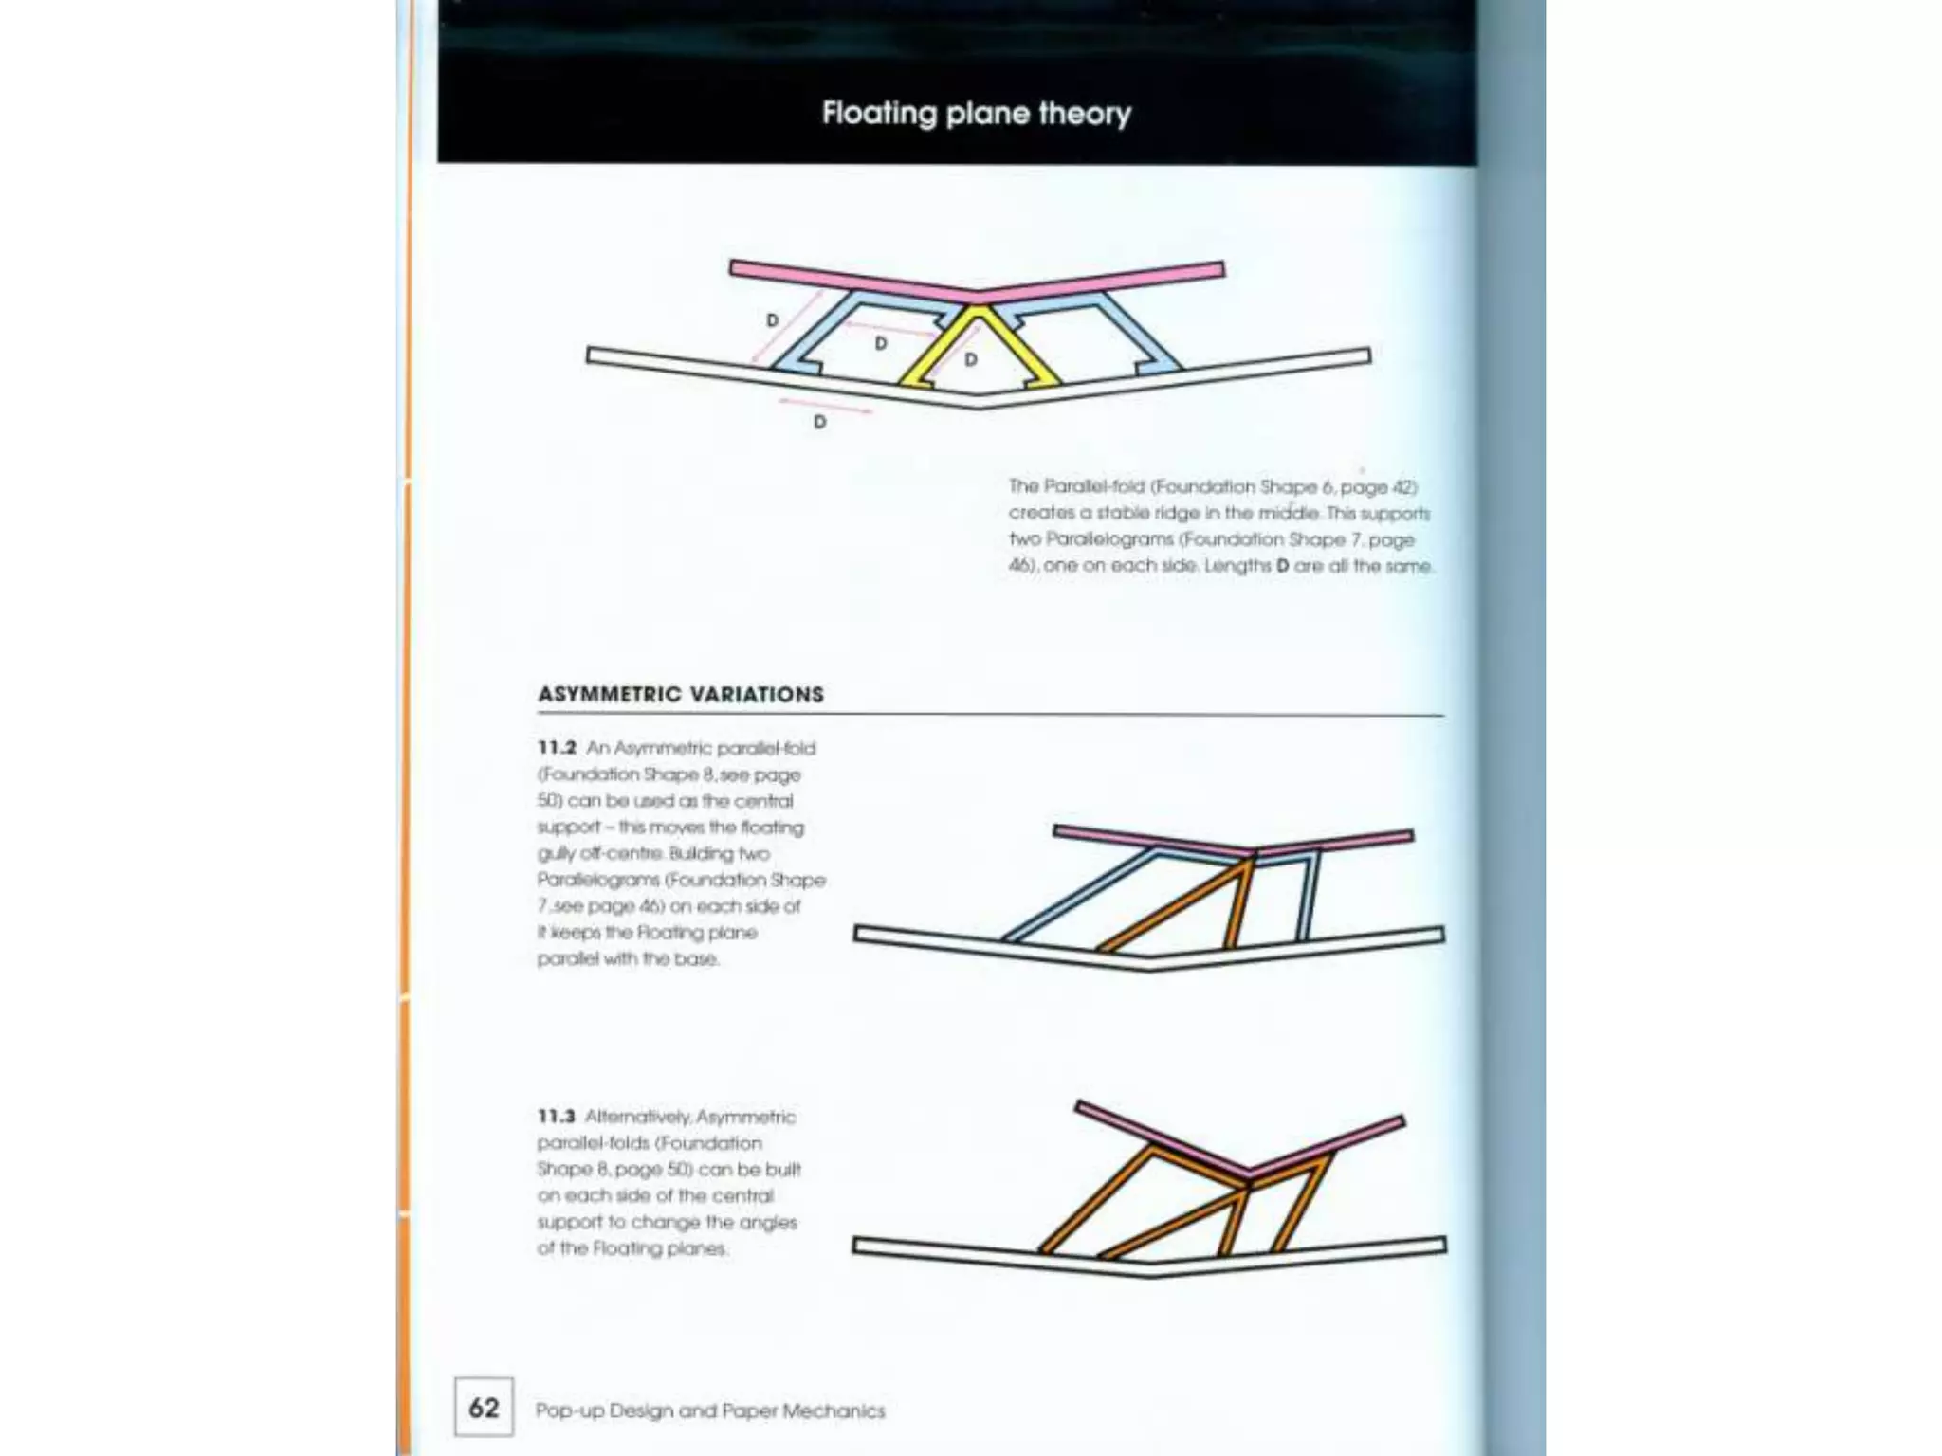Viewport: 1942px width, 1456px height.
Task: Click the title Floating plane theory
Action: [x=976, y=114]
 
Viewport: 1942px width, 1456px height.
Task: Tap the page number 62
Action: [x=484, y=1407]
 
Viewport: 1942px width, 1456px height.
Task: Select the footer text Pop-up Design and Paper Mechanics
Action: [x=709, y=1410]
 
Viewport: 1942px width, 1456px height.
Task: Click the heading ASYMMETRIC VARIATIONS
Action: [x=681, y=694]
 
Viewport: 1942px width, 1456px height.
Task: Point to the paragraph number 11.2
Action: [x=557, y=748]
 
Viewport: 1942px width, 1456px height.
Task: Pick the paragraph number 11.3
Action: [x=557, y=1117]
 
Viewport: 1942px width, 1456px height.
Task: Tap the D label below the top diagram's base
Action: [x=819, y=422]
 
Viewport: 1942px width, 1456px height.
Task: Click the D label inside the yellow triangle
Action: [x=970, y=360]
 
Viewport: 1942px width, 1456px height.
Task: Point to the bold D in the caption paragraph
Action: [x=1282, y=566]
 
